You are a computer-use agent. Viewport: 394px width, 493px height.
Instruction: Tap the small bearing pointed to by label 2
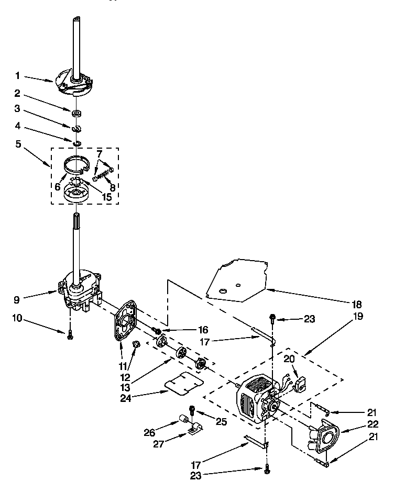(77, 113)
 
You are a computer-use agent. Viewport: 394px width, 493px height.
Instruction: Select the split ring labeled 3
(77, 128)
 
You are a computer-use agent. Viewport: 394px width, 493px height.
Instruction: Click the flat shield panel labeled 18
(236, 283)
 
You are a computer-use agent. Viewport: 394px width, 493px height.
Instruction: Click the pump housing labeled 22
(324, 432)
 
